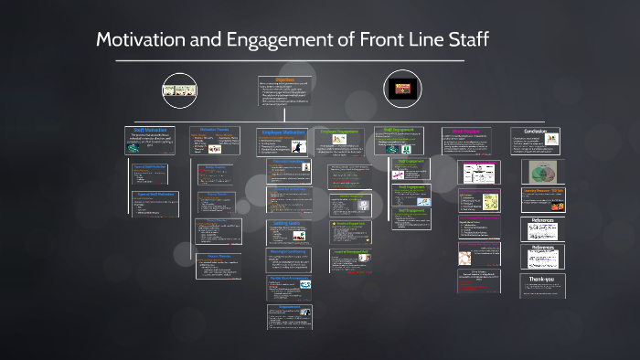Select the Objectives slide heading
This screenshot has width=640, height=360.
pyautogui.click(x=284, y=79)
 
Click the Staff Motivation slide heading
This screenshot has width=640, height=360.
pyautogui.click(x=151, y=131)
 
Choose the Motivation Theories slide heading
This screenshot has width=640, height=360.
pyautogui.click(x=214, y=130)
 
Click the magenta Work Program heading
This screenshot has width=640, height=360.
pyautogui.click(x=467, y=131)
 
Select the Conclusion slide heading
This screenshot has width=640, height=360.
pyautogui.click(x=534, y=131)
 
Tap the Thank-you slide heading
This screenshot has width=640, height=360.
pyautogui.click(x=541, y=280)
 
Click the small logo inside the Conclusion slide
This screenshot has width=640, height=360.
pyautogui.click(x=551, y=140)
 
